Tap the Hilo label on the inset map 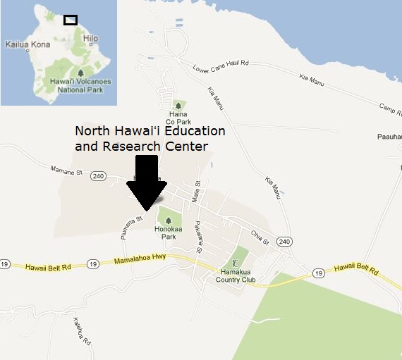90,39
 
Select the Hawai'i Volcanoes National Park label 81,85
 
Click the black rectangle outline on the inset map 70,20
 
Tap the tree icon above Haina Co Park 178,104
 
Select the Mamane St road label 68,170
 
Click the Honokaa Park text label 168,232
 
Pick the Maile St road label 197,192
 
